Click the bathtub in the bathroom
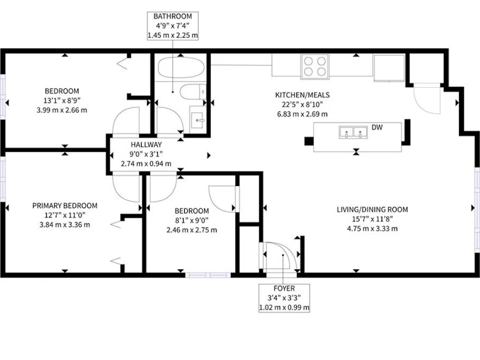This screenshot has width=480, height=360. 181,68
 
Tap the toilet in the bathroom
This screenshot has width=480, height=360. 192,92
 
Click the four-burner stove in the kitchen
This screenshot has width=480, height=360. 314,67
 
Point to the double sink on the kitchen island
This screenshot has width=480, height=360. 353,132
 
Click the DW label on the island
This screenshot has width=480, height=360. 377,127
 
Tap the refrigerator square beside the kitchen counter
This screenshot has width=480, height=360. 389,68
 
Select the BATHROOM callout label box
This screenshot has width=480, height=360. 173,26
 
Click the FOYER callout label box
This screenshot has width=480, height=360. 284,298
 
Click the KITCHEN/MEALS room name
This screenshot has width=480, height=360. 302,95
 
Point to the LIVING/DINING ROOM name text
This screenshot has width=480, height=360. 372,209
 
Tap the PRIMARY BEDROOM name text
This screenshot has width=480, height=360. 65,206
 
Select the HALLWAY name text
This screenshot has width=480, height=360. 146,145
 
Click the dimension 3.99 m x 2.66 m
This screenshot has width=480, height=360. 62,110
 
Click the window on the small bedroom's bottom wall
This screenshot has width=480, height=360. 208,275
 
